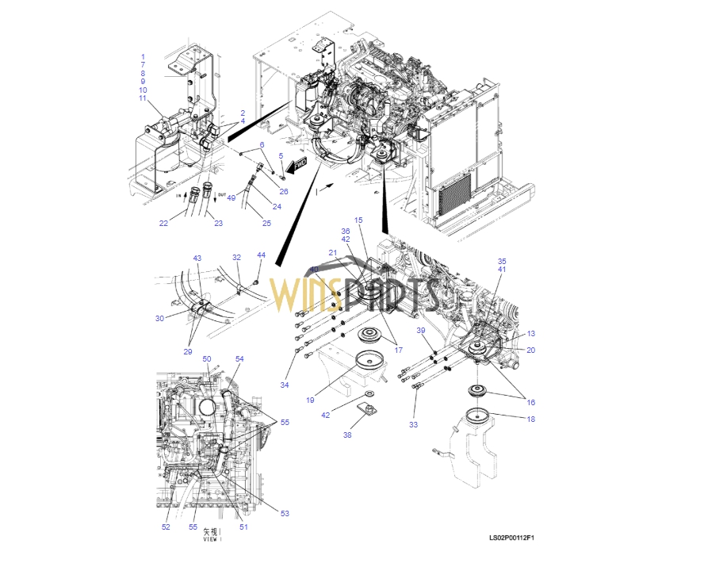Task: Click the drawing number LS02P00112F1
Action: click(512, 539)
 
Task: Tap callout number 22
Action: click(163, 223)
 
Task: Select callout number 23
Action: click(218, 223)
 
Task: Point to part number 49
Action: click(231, 198)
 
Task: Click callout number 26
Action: click(284, 191)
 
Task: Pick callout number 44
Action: click(261, 255)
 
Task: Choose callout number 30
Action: click(159, 319)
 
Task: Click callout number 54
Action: click(239, 359)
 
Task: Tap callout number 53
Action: click(285, 513)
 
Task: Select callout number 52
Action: click(166, 527)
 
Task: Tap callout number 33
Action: click(413, 426)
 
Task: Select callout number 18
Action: click(530, 419)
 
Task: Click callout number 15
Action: click(358, 220)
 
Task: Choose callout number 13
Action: click(531, 334)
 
